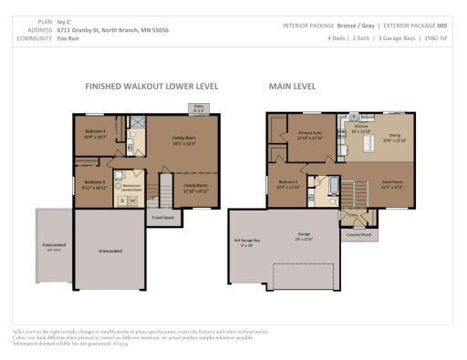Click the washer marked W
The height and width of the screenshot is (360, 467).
coord(133,200)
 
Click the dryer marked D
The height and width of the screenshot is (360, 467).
coord(122,200)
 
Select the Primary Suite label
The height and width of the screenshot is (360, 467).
coord(311,135)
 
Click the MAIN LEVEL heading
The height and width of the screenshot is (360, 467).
coord(291,88)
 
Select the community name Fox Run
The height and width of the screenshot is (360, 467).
coord(69,37)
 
